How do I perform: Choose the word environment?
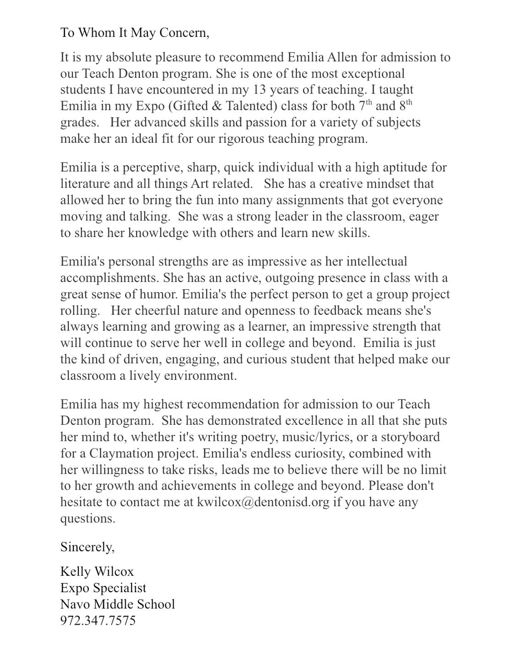click(199, 376)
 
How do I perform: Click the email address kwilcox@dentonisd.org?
click(263, 502)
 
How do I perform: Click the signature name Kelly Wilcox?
click(97, 572)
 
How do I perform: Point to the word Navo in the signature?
click(76, 605)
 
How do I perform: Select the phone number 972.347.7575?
click(98, 621)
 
